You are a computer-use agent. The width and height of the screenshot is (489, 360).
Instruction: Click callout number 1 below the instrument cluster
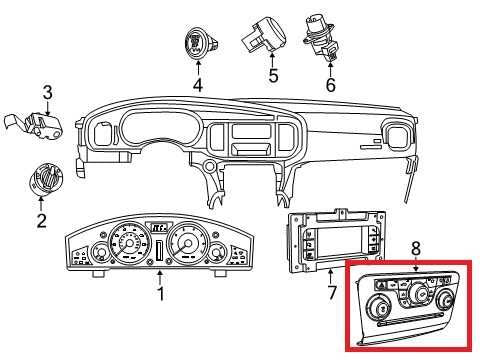point(161,294)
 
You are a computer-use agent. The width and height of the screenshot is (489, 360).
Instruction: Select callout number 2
point(41,220)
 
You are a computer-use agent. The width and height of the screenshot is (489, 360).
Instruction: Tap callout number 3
point(47,93)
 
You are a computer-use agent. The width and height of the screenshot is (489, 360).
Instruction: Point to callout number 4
point(198,84)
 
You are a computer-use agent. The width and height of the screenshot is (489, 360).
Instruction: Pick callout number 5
point(273,75)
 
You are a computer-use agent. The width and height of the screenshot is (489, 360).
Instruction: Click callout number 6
point(330,84)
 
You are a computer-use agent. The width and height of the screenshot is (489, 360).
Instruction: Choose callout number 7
point(331,292)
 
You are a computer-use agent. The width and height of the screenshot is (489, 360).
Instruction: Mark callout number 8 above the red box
point(416,248)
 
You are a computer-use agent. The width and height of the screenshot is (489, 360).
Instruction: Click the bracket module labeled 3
point(33,124)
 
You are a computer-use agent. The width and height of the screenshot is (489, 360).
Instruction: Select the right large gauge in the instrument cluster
point(188,244)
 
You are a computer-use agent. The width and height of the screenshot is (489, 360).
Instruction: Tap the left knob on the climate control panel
point(379,307)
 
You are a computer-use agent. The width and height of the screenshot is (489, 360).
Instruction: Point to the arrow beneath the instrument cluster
point(160,277)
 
